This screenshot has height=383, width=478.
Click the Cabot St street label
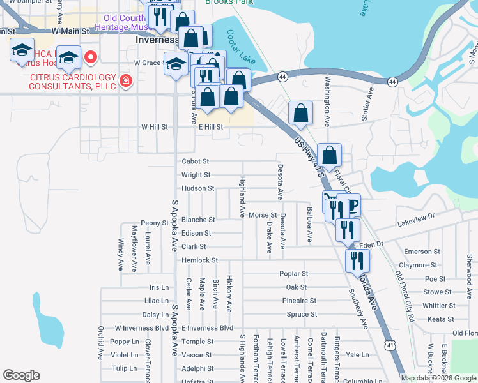[196, 161]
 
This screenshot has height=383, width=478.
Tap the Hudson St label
[197, 188]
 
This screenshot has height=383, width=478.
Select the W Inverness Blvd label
[141, 327]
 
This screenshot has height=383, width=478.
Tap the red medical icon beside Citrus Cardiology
[126, 81]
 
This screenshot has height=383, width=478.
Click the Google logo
[21, 375]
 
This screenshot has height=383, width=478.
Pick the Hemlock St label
[200, 260]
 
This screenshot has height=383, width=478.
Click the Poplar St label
[294, 273]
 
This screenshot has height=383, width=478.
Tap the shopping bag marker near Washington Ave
[301, 114]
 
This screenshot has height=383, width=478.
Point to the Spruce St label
[302, 314]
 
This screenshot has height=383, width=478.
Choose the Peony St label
[154, 223]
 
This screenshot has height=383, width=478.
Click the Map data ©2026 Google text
[438, 378]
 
